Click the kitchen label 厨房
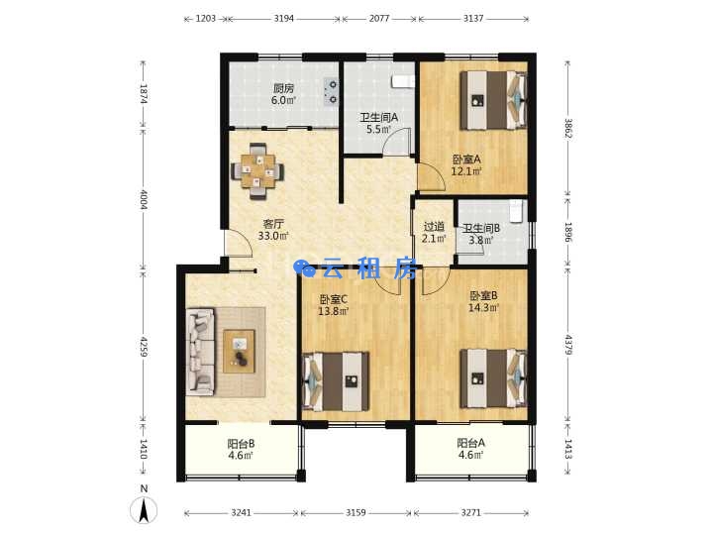click(283, 88)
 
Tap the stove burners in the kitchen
click(332, 92)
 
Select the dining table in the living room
click(257, 171)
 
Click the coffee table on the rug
click(239, 351)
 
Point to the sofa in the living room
click(200, 352)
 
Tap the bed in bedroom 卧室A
click(493, 100)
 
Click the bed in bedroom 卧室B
click(493, 378)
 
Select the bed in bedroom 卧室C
click(336, 381)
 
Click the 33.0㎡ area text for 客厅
click(273, 236)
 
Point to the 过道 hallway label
click(434, 226)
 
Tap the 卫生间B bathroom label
click(481, 228)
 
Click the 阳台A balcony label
click(470, 443)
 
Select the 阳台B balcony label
click(241, 443)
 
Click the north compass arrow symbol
click(144, 510)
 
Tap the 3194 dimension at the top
click(283, 19)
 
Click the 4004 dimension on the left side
click(144, 200)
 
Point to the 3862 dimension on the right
click(568, 129)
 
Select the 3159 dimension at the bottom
click(356, 513)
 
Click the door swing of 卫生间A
click(396, 142)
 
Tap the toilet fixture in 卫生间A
click(403, 81)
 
